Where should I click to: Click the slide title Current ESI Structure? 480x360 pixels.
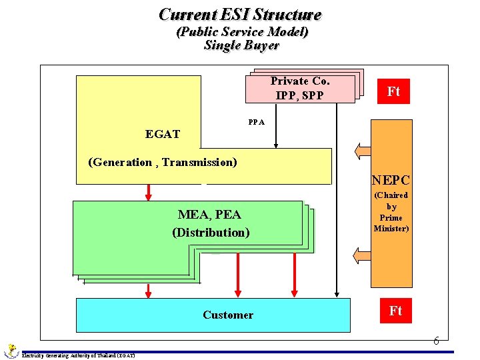[240, 15]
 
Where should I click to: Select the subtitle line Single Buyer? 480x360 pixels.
[241, 45]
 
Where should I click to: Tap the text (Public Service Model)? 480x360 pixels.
[241, 32]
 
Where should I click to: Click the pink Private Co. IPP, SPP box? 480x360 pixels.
[300, 89]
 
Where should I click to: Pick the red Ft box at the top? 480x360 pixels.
[393, 91]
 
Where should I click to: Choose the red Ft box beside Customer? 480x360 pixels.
[395, 311]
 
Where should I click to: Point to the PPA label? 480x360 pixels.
[256, 122]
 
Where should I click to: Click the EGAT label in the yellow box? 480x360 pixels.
[163, 134]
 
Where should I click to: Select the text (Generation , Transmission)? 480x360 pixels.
[163, 162]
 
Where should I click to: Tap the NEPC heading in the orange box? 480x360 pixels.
[391, 180]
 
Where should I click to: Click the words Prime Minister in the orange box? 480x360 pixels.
[391, 223]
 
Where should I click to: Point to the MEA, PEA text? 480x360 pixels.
[209, 215]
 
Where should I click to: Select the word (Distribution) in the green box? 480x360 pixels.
[211, 233]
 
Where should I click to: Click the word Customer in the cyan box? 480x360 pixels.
[228, 315]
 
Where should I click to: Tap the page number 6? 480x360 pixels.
[436, 341]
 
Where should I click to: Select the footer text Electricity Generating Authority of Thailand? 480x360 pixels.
[79, 355]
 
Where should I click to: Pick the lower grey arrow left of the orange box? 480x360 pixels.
[364, 255]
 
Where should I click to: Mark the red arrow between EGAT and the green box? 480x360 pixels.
[149, 192]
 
